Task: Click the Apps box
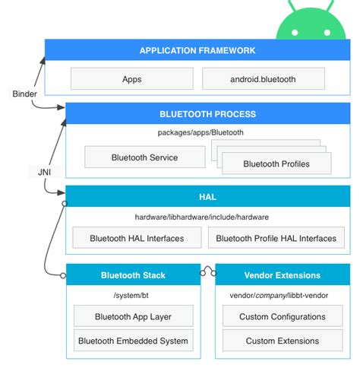pos(131,79)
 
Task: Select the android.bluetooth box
pos(264,79)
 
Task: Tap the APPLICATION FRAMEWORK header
pos(197,51)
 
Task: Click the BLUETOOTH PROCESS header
pos(207,114)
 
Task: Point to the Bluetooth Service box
pos(144,157)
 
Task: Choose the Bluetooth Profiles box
pos(276,163)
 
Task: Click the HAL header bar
pos(207,197)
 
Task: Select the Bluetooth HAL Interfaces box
pos(137,238)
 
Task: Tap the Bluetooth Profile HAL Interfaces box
pos(276,238)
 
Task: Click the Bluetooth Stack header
pos(133,275)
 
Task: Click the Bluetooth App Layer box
pos(133,316)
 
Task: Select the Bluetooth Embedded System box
pos(133,341)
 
